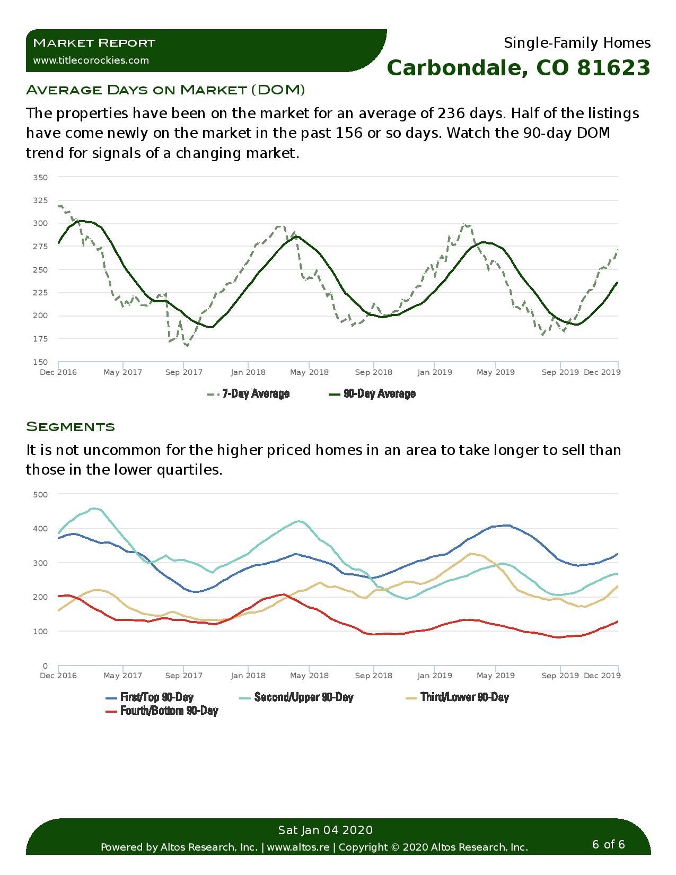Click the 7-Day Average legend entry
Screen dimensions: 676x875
tap(249, 393)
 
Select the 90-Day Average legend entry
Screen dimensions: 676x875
tap(372, 393)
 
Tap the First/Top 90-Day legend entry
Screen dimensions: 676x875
tap(150, 697)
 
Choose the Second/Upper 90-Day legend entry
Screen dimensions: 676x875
tap(296, 697)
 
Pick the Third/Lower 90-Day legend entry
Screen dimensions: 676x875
tap(458, 697)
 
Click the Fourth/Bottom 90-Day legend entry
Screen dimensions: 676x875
tap(162, 711)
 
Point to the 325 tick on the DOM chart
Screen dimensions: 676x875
tap(40, 200)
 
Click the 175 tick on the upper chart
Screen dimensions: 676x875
tap(40, 339)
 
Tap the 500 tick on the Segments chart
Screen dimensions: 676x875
tap(40, 494)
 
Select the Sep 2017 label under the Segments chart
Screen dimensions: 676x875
tap(183, 675)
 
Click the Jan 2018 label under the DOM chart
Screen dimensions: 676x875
tap(248, 372)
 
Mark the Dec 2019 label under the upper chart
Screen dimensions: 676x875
tap(602, 372)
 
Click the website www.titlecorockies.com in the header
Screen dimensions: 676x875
tap(91, 60)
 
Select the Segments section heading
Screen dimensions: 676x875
tap(71, 426)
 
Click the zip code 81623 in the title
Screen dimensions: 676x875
tap(613, 67)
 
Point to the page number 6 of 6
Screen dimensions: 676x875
tap(608, 844)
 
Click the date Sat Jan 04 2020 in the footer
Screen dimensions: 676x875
tap(326, 830)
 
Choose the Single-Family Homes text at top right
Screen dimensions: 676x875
tap(577, 42)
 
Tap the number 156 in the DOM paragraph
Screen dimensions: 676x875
tap(349, 133)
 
